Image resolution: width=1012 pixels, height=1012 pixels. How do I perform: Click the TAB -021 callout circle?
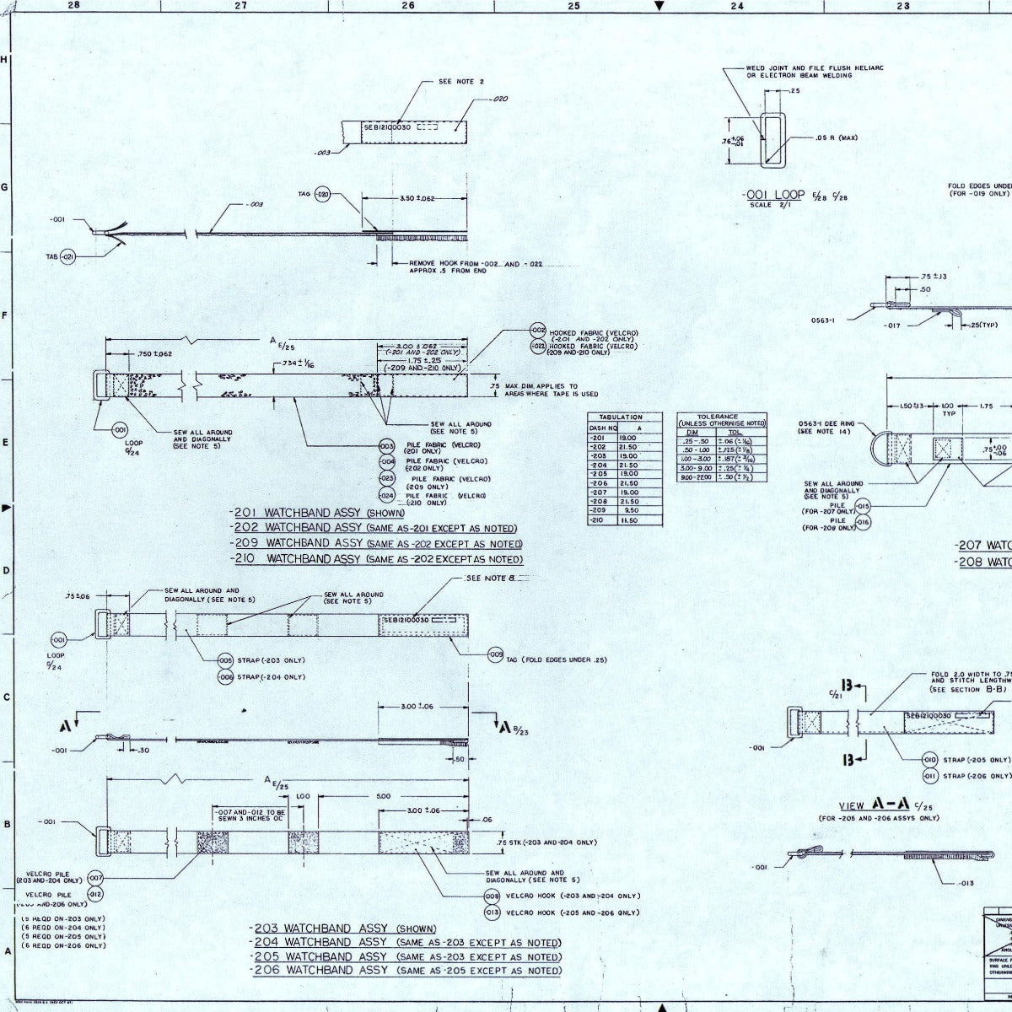(68, 256)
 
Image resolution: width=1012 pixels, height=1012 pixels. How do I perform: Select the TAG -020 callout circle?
(322, 196)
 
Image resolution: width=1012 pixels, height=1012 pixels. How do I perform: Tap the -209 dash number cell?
(598, 509)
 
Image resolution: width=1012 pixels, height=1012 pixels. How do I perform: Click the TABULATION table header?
(620, 417)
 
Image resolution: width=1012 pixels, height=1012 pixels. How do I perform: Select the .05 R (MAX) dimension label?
(837, 137)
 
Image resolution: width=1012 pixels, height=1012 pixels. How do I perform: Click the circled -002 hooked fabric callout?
(538, 330)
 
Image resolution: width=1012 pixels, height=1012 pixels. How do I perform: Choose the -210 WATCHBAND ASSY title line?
(376, 559)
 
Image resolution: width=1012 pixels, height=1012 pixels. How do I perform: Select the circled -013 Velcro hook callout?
(493, 912)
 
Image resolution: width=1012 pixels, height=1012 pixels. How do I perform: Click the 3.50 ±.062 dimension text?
(417, 198)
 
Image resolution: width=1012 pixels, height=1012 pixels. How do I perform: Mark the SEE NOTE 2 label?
(461, 82)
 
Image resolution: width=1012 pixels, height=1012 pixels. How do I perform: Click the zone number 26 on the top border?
(408, 6)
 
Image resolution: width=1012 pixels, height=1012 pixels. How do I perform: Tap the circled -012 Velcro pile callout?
(95, 893)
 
